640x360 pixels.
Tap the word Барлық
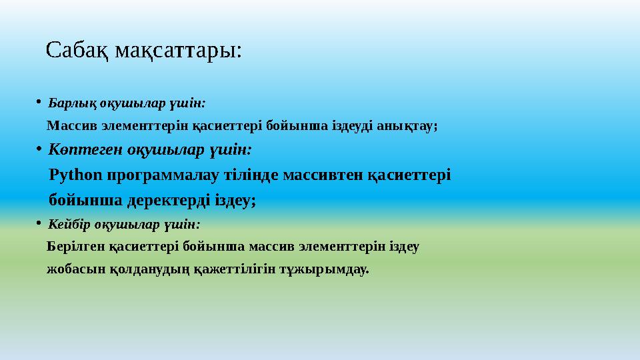tap(70, 104)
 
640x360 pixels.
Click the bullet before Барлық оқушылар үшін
tap(39, 103)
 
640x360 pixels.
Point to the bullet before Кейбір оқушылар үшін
tap(39, 225)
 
